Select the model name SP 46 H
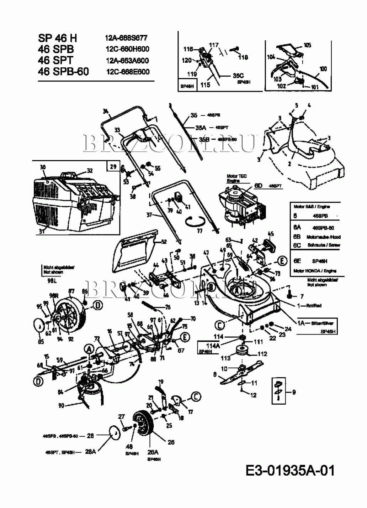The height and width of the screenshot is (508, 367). point(57,38)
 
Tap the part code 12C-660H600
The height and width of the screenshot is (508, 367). point(127,49)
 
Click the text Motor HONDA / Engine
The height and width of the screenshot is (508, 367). point(315,271)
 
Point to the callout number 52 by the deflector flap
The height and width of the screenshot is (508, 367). point(164,242)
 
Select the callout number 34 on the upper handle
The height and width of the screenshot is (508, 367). point(105,112)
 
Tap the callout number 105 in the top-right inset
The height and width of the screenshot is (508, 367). point(307,45)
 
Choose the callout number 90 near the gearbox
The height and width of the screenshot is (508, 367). point(61,405)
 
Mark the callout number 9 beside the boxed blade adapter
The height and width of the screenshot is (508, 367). point(294,393)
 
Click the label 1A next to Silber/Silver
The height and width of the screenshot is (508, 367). point(301,322)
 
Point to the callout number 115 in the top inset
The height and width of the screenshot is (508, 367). point(205,85)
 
